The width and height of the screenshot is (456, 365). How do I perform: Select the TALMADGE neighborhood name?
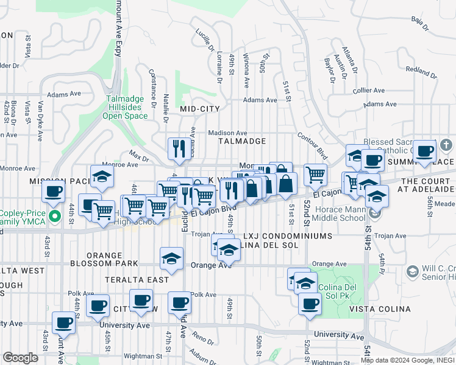click(x=243, y=141)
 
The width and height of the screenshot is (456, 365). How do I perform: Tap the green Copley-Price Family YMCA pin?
click(x=54, y=215)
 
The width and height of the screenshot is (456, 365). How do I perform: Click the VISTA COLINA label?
click(x=380, y=310)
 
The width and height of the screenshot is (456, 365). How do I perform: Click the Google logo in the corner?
click(x=20, y=358)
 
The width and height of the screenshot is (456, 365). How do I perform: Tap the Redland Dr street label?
click(x=418, y=71)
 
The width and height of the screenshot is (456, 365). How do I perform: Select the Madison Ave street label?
click(x=227, y=133)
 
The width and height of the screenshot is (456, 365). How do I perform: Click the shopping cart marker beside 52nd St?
click(x=315, y=174)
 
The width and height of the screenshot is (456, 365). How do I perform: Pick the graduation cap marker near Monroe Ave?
click(x=102, y=176)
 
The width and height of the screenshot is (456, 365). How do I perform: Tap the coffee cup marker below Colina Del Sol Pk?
click(x=310, y=302)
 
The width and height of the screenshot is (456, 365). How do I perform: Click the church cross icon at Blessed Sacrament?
click(x=446, y=145)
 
